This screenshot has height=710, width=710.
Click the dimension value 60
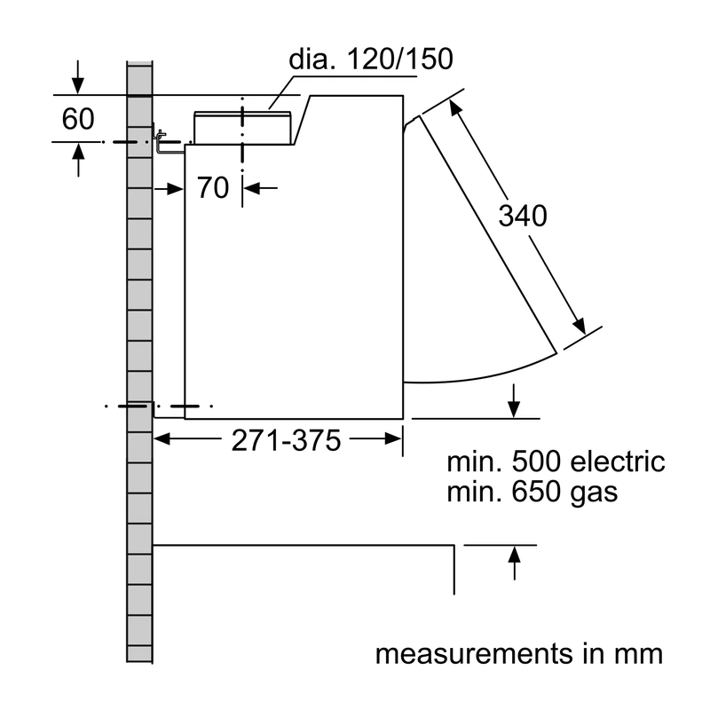point(78,119)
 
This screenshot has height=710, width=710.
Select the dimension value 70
point(213,187)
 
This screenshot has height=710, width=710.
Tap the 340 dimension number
point(523,216)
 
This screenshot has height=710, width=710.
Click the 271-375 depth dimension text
point(286,440)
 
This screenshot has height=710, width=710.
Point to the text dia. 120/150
point(371,59)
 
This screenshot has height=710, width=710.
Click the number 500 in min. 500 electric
point(537,461)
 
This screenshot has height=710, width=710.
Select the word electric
point(617,461)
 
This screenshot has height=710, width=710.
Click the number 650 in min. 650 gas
point(537,492)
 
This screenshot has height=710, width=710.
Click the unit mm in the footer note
point(638,655)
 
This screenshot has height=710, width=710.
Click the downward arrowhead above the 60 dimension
point(78,86)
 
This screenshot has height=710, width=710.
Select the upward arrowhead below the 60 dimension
point(78,151)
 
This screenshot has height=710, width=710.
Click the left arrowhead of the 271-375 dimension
point(162,438)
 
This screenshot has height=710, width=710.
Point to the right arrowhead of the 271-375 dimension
point(393,438)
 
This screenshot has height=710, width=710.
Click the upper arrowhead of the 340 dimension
point(455,107)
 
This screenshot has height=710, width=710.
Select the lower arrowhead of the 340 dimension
point(580,326)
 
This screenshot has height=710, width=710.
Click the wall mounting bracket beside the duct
point(160,141)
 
